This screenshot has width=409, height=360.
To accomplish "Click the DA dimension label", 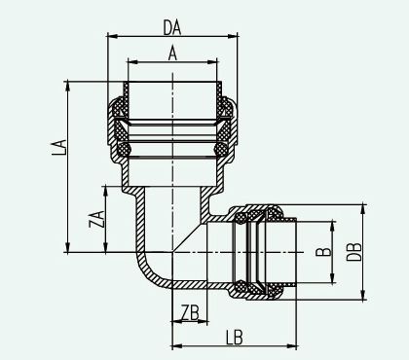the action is coord(172,27).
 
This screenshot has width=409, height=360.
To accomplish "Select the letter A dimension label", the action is coord(172,54).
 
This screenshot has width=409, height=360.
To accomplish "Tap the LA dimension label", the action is coord(59,147).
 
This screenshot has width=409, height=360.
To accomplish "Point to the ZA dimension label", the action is coord(96,219).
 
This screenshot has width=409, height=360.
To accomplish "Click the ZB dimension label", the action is coord(190,313).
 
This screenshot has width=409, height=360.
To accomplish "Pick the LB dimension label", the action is coord(235,338).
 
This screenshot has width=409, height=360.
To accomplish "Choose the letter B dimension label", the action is coord(323,252).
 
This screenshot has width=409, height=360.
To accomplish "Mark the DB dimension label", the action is coord(354,252).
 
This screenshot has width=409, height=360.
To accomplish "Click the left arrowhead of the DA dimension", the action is coord(112,36).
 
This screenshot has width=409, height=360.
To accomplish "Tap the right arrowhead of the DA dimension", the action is coord(233,36).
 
